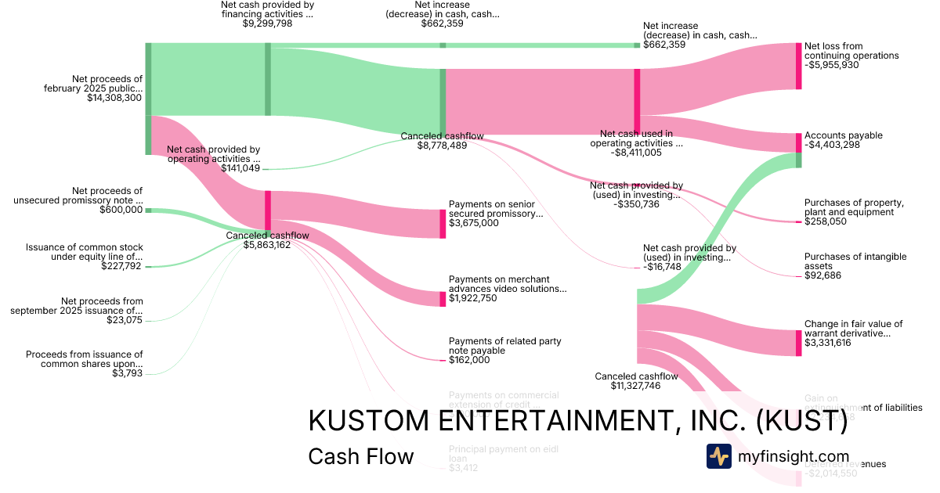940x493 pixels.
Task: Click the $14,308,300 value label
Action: tap(115, 98)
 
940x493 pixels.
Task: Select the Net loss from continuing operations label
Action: tap(851, 51)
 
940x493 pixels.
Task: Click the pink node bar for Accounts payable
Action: tap(798, 142)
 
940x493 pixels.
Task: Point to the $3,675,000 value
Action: tap(473, 223)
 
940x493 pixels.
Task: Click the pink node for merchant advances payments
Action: tap(443, 298)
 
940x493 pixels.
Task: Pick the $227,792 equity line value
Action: tap(121, 266)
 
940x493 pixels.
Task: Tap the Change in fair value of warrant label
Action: tap(853, 328)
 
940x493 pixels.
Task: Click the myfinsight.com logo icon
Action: tap(718, 456)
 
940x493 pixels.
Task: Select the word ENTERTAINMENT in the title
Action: tap(541, 421)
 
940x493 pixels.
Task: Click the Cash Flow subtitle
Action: tap(360, 456)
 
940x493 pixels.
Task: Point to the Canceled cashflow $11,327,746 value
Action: tap(636, 386)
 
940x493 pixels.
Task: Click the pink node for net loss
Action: tap(798, 67)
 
